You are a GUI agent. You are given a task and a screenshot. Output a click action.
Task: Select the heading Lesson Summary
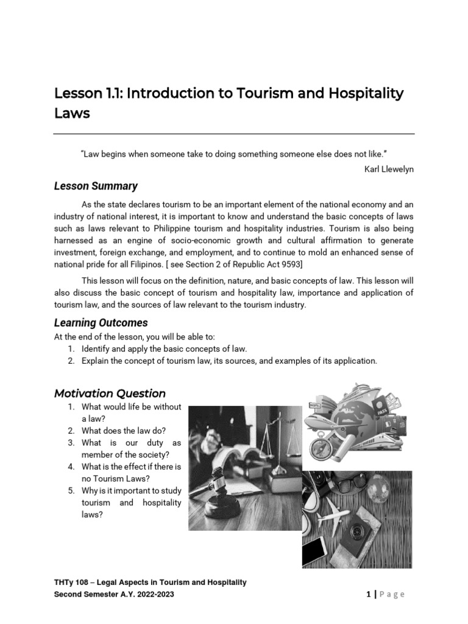click(96, 186)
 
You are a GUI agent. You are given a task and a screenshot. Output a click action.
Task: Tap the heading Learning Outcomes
click(101, 323)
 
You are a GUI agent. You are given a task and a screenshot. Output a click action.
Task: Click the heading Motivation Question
click(110, 394)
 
